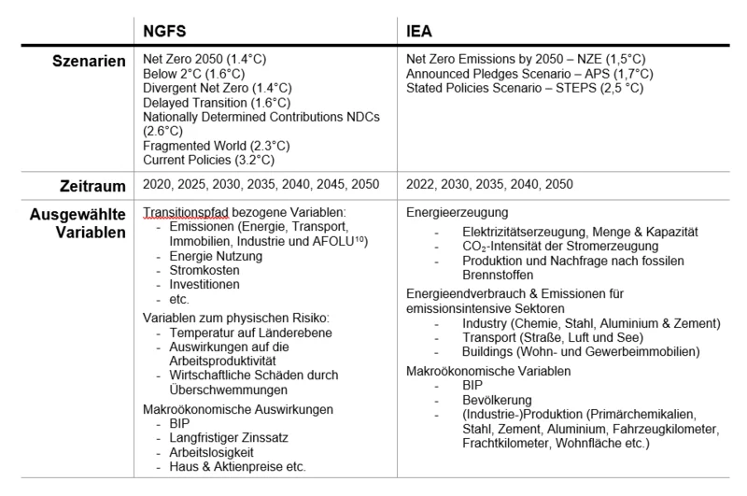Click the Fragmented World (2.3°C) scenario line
tap(217, 146)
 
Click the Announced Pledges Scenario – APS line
tap(529, 74)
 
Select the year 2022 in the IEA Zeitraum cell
tap(422, 185)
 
